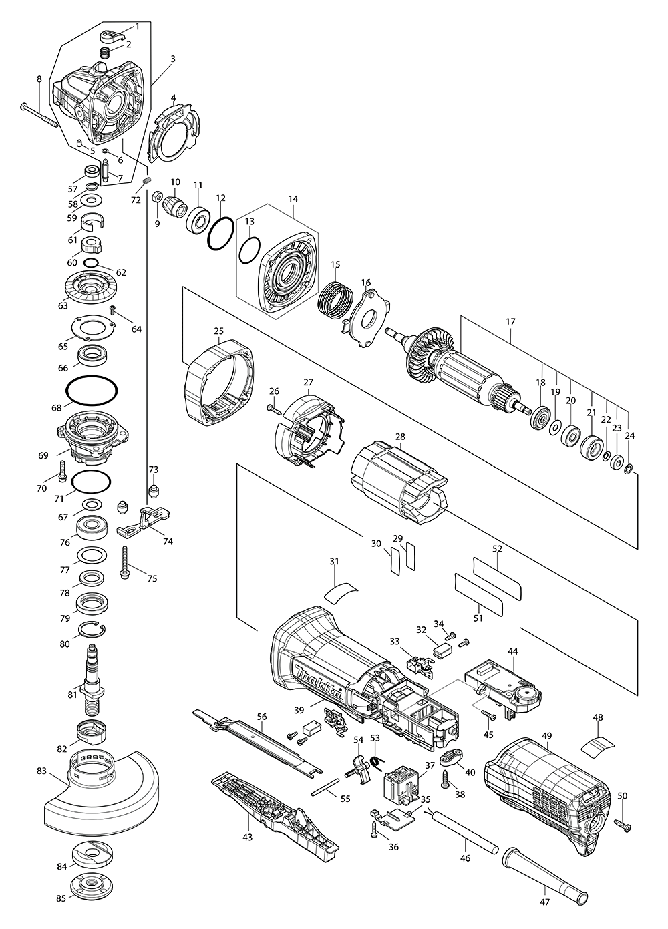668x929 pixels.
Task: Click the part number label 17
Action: coord(511,321)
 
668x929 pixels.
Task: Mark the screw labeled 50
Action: coord(625,827)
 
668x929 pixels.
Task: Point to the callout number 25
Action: coord(218,331)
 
